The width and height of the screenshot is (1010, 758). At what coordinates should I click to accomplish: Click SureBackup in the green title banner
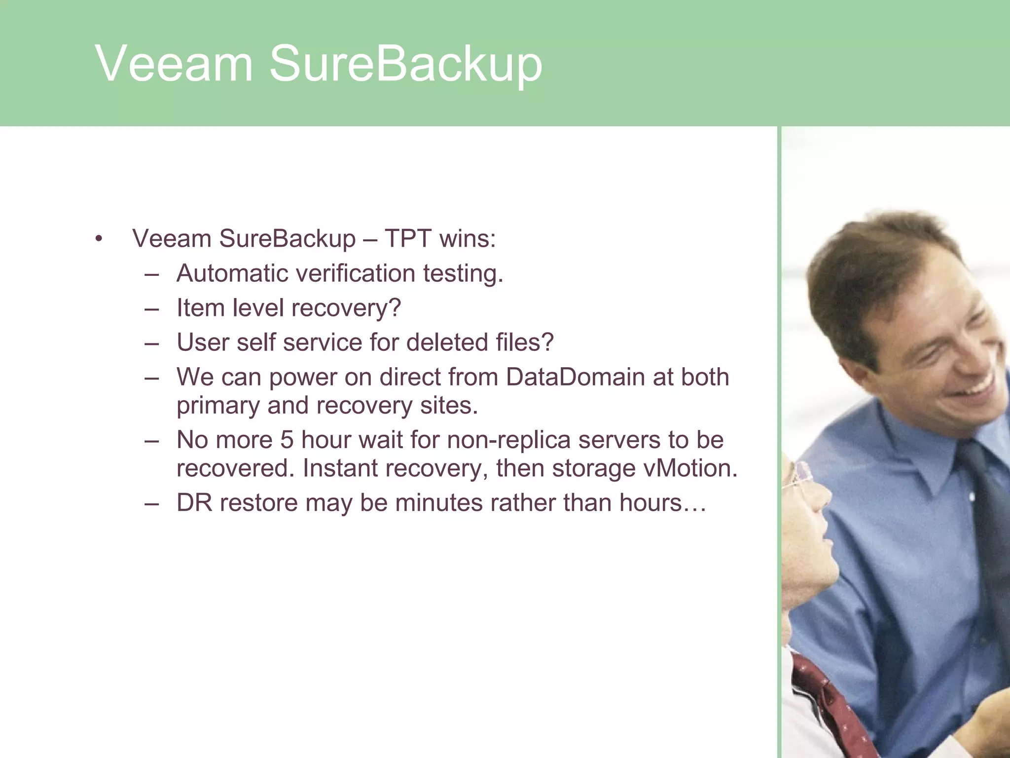pos(405,64)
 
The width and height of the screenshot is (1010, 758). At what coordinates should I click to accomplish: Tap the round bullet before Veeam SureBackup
pos(99,239)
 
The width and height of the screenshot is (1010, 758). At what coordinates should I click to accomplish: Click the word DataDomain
pos(575,377)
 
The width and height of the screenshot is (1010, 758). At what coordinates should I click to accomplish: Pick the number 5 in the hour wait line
pos(287,440)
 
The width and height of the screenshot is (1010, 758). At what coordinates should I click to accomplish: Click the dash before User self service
pos(152,343)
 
